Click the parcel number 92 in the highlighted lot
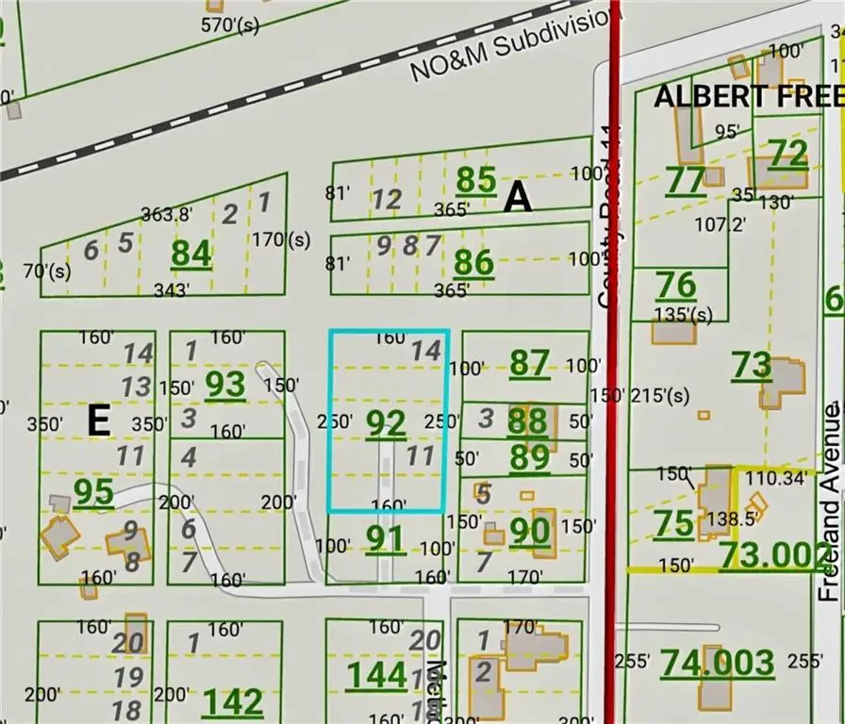(386, 423)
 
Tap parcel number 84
(191, 254)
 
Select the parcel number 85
(475, 179)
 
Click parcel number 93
(225, 384)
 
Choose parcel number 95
(94, 492)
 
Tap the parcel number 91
(385, 539)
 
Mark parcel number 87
(528, 363)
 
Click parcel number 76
(675, 284)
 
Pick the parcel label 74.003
(717, 663)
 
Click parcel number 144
(377, 674)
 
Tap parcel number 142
(233, 701)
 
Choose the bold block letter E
(99, 420)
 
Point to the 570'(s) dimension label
(230, 25)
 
